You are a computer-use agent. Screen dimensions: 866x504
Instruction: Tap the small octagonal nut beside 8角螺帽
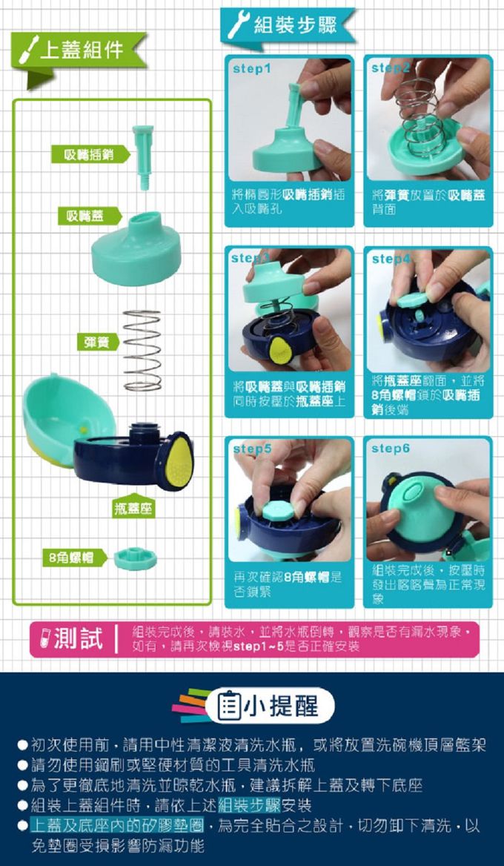tap(136, 558)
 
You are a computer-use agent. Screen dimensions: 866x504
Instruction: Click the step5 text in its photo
tap(253, 449)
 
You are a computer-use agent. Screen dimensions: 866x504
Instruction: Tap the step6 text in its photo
tap(391, 449)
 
